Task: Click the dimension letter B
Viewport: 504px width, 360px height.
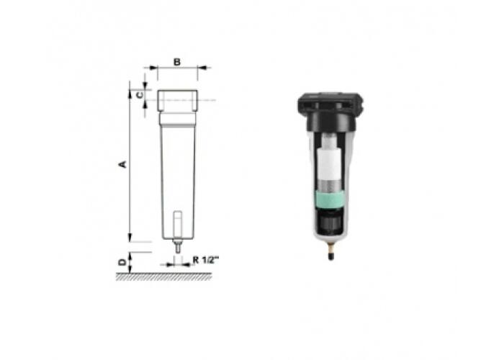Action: [x=177, y=62]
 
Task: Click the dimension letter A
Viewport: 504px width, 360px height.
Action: [x=122, y=164]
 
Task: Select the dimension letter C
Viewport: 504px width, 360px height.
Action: [x=140, y=95]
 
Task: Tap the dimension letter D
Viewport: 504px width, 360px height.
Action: [x=122, y=263]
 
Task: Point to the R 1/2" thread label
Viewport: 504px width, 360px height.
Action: [x=206, y=260]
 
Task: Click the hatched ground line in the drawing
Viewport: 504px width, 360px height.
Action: [x=164, y=276]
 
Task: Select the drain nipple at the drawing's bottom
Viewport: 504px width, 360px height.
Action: [x=177, y=246]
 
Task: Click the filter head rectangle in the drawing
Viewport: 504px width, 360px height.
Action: [x=177, y=101]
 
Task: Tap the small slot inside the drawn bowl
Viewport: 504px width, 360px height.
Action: [x=177, y=224]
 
